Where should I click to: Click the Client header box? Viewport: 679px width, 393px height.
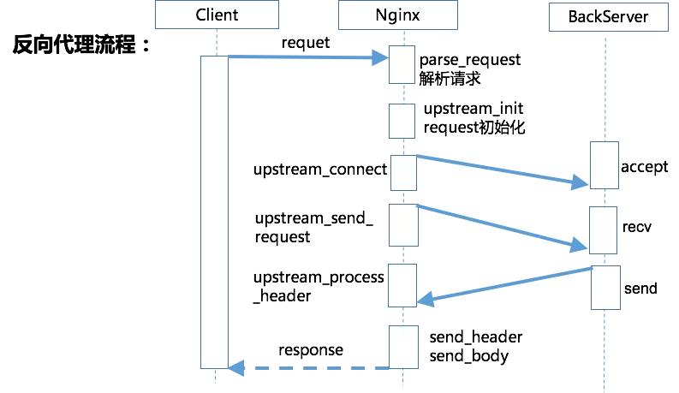[217, 15]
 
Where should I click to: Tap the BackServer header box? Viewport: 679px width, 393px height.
[607, 16]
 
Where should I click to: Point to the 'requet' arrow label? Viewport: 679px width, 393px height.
[304, 42]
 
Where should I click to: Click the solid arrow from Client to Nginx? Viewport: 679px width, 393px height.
[308, 58]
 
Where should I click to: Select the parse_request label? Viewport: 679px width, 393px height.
[470, 61]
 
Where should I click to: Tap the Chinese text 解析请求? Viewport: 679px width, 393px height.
[450, 79]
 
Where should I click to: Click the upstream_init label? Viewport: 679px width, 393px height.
[474, 110]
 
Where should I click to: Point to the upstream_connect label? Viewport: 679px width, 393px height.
[320, 169]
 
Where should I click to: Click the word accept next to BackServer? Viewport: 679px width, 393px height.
[644, 166]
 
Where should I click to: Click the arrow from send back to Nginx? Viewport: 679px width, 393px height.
[505, 284]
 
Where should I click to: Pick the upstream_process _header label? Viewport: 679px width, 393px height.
[319, 286]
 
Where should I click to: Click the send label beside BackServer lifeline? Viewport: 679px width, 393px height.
[640, 288]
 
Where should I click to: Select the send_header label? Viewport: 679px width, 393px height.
[475, 336]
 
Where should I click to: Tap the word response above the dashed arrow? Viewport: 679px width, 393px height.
[310, 349]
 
